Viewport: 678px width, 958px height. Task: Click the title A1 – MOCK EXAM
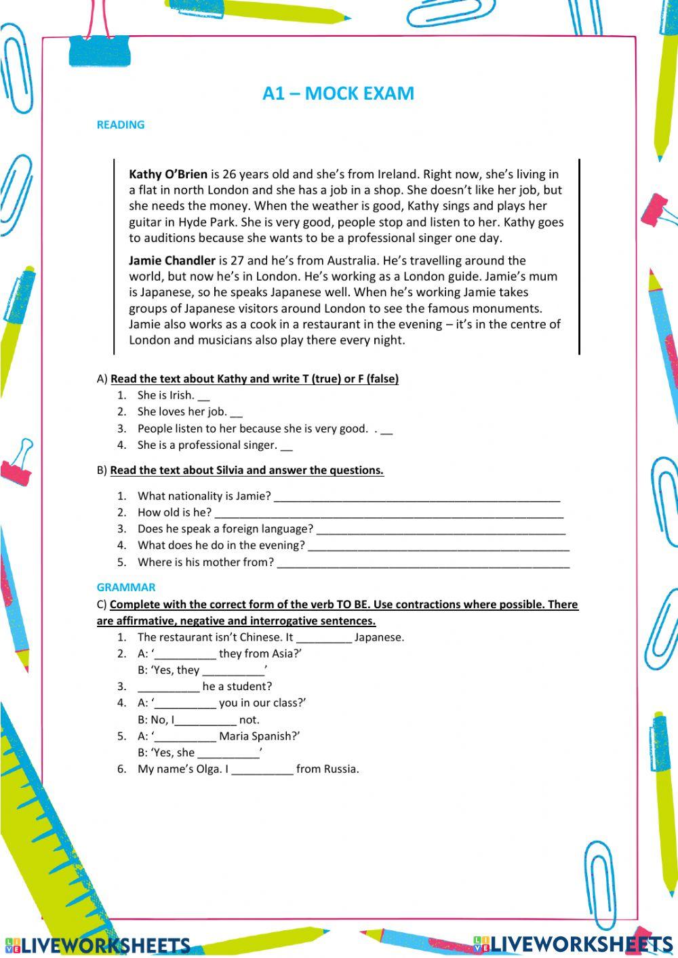(338, 94)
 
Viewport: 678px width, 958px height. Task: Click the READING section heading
(121, 125)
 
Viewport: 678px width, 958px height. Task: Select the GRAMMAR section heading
(126, 587)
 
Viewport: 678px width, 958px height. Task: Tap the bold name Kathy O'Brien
(168, 174)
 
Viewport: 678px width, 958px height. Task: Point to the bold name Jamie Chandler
(172, 260)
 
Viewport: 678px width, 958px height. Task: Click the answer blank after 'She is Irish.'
(204, 397)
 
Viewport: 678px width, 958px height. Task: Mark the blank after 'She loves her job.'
(236, 414)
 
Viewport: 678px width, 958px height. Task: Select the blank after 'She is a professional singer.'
(286, 447)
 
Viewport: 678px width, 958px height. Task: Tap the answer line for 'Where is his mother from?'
(423, 564)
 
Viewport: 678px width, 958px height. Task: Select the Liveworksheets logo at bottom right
(573, 944)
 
